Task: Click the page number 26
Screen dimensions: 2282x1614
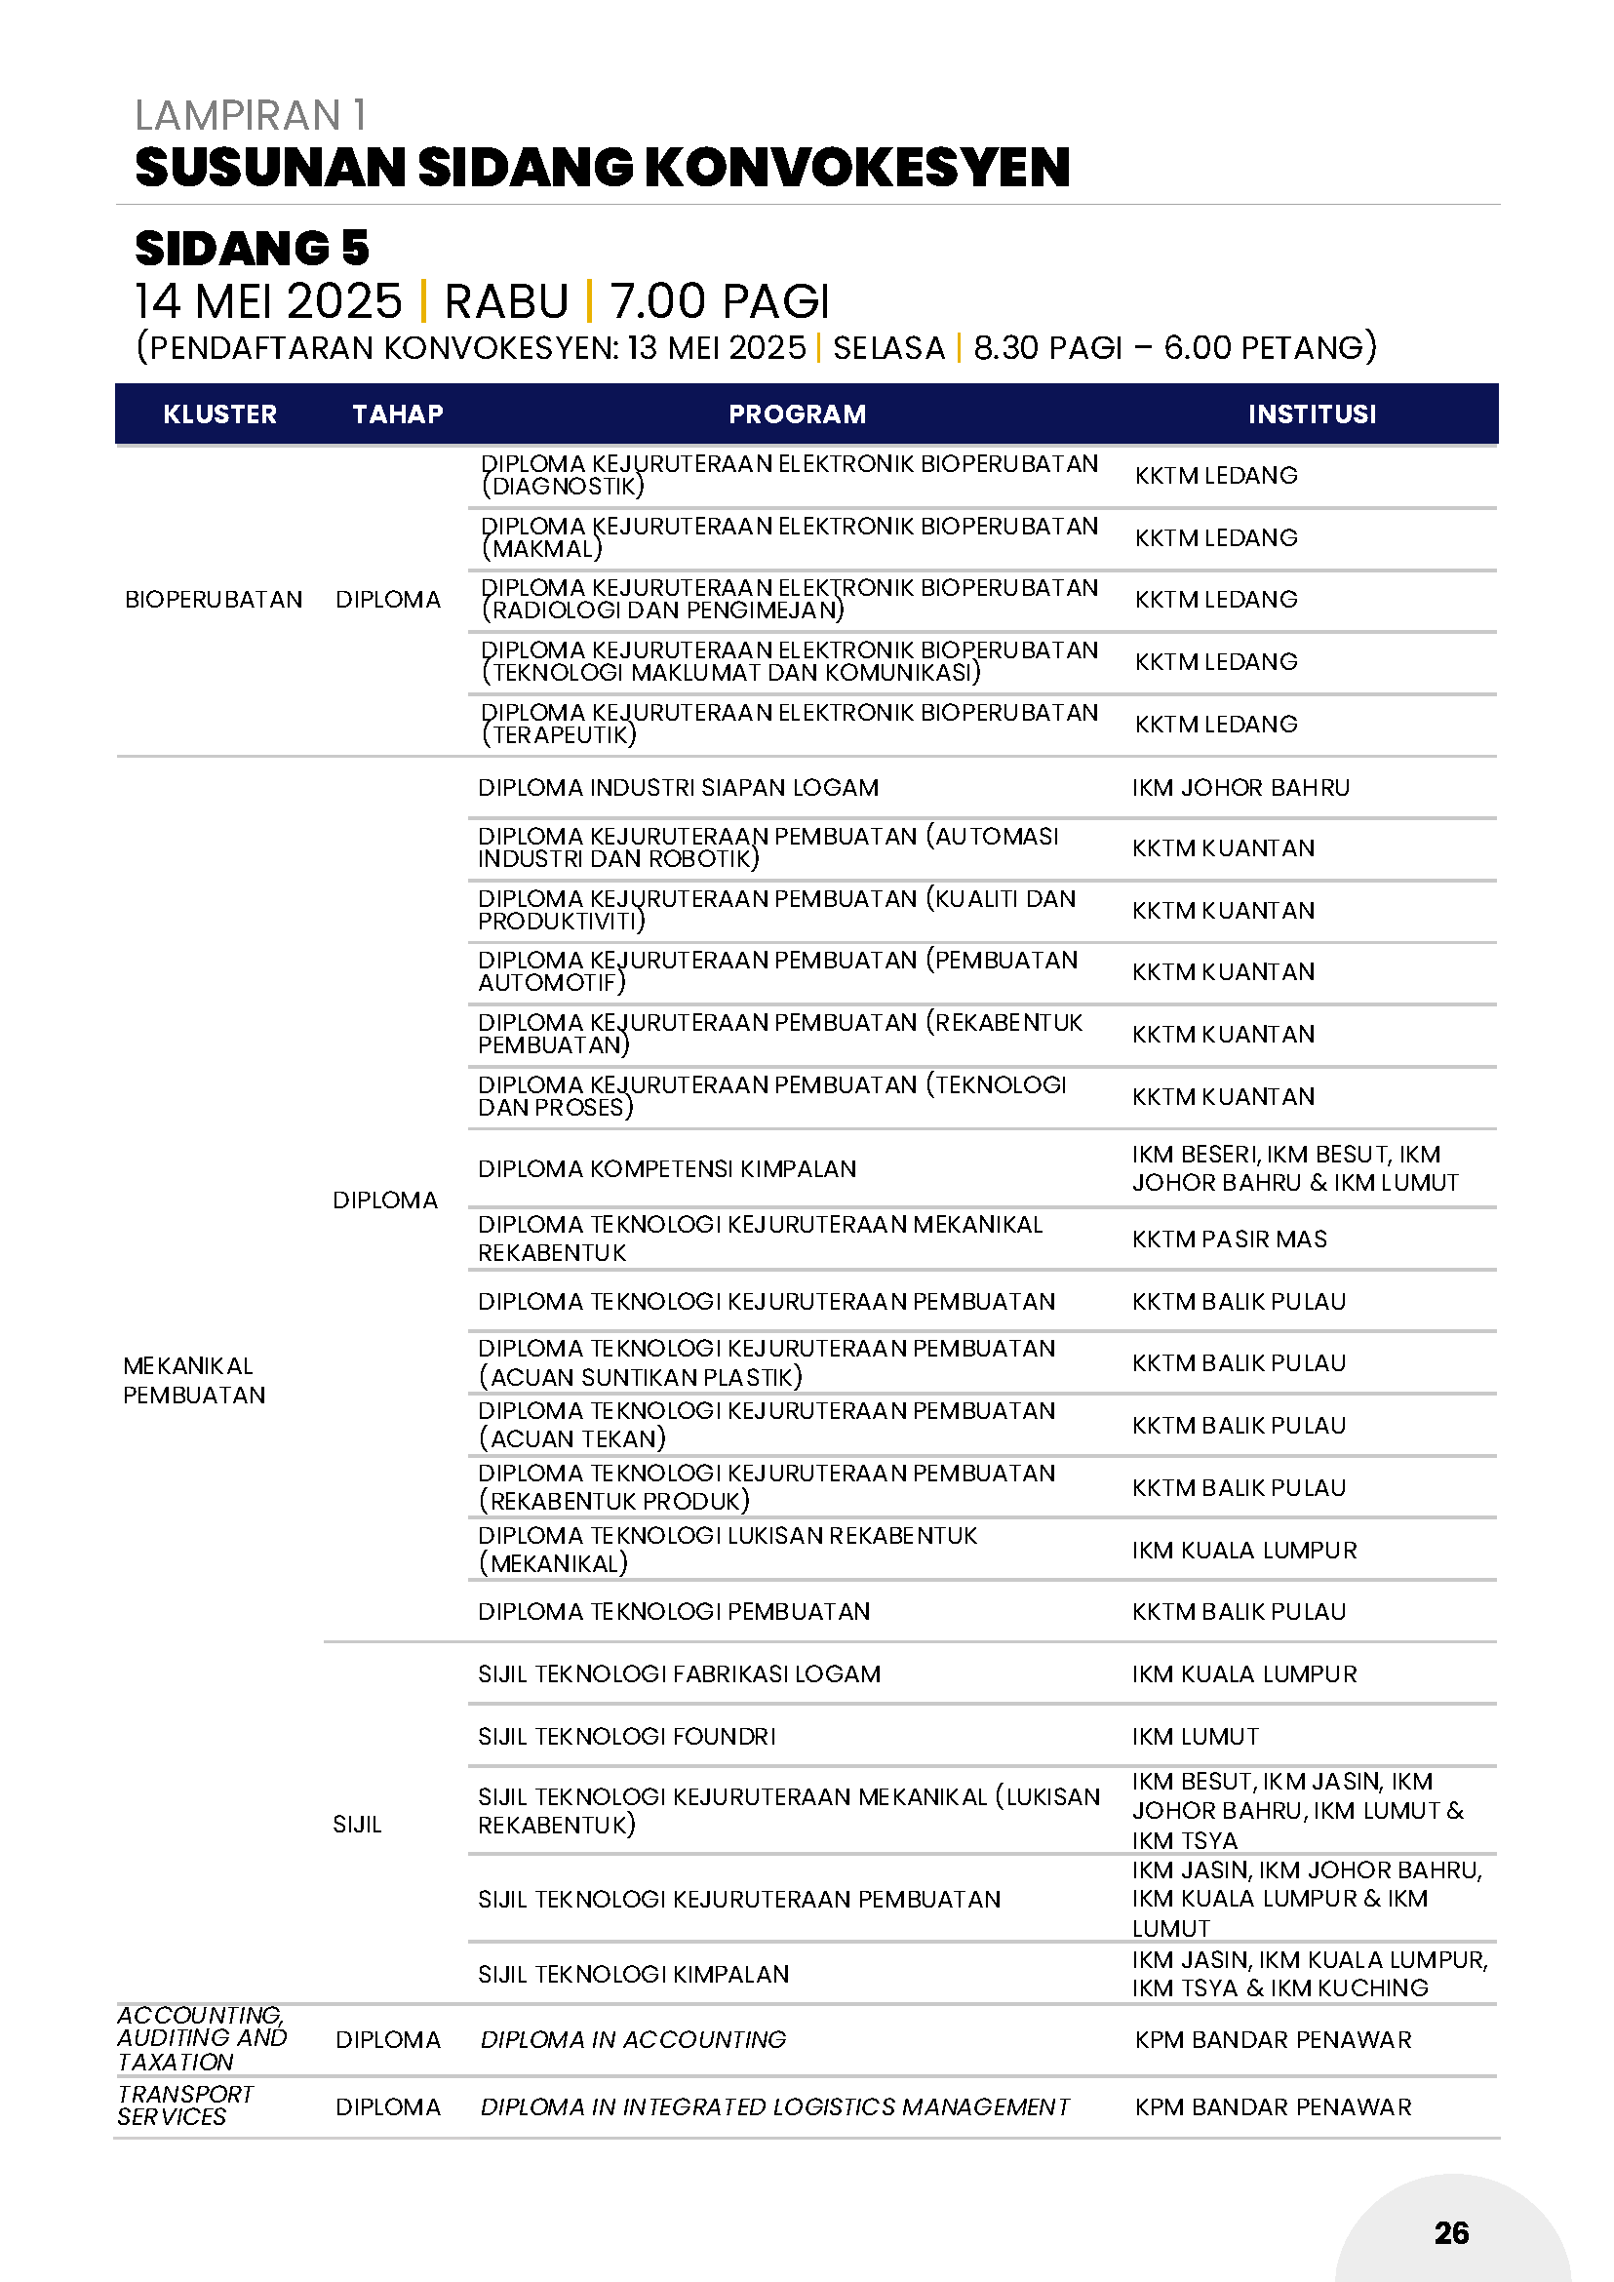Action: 1451,2232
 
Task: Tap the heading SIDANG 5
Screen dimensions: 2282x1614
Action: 252,249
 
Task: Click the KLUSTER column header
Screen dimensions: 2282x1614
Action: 219,414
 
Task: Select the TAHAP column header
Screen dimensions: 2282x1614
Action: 398,414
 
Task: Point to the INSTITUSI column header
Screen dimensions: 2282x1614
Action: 1312,414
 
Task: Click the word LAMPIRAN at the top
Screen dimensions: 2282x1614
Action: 239,116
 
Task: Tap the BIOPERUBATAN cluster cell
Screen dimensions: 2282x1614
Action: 214,600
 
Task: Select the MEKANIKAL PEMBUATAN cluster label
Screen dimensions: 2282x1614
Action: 194,1380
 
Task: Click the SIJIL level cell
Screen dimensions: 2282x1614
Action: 357,1824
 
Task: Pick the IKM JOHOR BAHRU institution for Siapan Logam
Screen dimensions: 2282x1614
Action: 1240,788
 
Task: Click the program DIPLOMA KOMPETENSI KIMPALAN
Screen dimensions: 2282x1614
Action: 667,1169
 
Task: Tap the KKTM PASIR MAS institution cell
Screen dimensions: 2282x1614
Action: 1230,1239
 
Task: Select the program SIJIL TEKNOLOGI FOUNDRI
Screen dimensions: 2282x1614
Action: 626,1736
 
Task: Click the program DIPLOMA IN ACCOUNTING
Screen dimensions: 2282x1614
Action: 633,2039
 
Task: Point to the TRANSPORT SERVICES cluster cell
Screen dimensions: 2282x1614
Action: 185,2105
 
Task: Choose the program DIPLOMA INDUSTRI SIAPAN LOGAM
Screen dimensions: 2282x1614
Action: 678,788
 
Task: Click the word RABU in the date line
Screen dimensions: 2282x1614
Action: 506,301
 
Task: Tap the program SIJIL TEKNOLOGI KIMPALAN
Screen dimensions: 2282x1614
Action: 633,1974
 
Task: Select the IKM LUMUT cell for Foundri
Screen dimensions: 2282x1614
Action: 1195,1736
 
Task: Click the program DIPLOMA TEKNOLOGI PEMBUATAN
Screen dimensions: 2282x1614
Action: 674,1611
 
